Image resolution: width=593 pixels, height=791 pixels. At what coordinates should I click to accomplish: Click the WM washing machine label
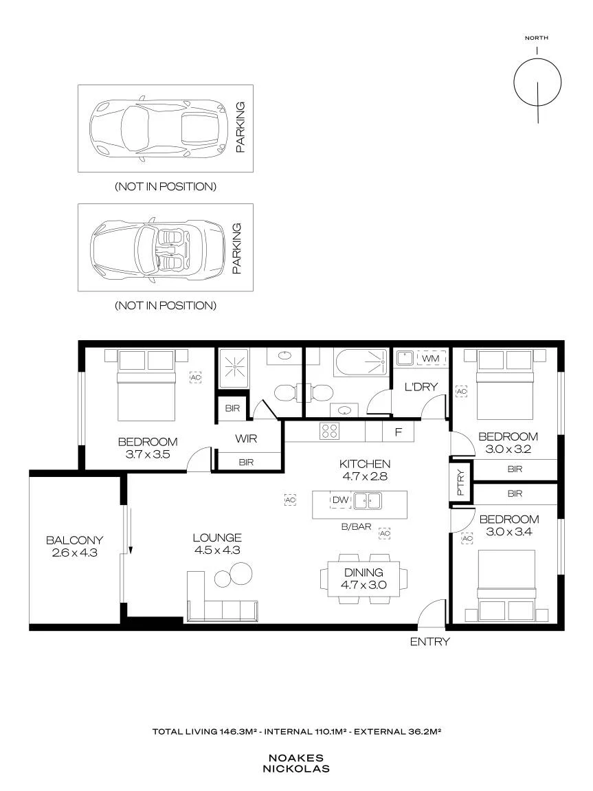tap(431, 358)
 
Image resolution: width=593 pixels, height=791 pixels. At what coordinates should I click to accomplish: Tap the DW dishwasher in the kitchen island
tap(341, 500)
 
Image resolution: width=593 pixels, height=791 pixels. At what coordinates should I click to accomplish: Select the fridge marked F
tap(399, 432)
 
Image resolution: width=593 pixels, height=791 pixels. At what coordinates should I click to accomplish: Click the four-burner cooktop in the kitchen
tap(330, 432)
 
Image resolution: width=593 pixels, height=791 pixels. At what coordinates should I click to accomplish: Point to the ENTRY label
tap(429, 642)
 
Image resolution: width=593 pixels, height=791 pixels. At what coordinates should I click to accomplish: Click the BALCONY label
tap(75, 540)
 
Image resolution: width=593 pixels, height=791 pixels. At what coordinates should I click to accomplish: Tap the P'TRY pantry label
tap(460, 483)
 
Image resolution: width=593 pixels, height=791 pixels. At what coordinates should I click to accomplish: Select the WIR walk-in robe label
tap(246, 439)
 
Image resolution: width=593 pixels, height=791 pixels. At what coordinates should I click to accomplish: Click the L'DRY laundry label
tap(421, 387)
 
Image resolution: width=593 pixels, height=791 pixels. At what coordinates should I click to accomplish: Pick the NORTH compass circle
tap(537, 59)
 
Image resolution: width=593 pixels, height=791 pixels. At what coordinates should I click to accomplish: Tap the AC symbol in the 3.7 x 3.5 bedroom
tap(195, 377)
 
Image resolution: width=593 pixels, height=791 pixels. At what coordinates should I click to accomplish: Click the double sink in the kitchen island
tap(367, 500)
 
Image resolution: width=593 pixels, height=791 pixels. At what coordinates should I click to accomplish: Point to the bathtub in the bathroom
tap(360, 362)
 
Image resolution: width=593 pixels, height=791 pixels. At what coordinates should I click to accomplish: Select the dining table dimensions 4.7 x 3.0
tap(363, 586)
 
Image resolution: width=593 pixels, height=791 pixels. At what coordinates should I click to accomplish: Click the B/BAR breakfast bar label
tap(356, 526)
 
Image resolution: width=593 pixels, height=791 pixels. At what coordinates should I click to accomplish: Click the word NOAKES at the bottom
tap(296, 758)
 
